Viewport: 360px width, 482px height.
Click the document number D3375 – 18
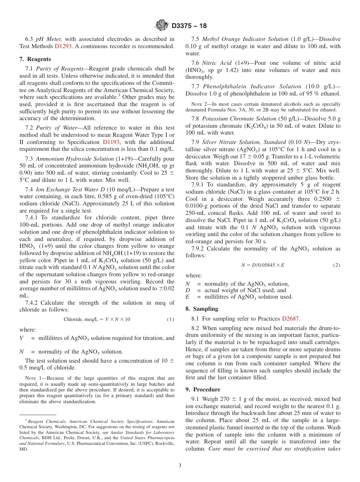tap(189, 26)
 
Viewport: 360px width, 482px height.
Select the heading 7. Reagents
tap(35, 59)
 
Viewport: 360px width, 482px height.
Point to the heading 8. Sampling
tap(202, 309)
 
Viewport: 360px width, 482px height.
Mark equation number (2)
tap(337, 265)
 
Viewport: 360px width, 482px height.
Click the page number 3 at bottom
tap(180, 465)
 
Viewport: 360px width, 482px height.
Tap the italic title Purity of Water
tap(54, 128)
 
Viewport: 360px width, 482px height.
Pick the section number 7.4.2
tap(31, 302)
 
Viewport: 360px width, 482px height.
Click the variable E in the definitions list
tap(188, 297)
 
